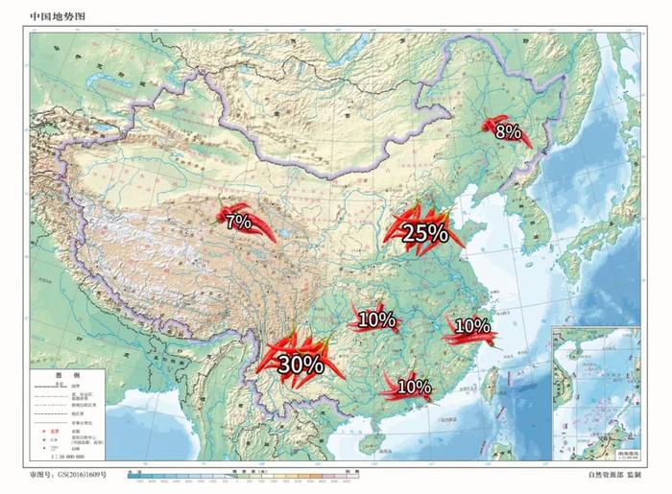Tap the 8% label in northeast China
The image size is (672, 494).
[508, 131]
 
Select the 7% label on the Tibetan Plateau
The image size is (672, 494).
[238, 222]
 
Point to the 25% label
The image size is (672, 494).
[425, 232]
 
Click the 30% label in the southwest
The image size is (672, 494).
[300, 364]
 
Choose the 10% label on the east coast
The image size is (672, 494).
[471, 326]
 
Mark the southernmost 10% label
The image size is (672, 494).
[413, 388]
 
